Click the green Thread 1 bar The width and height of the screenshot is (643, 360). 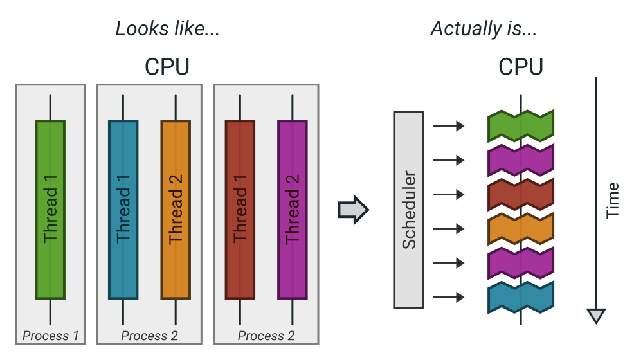(x=50, y=210)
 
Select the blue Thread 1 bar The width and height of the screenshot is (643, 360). (x=123, y=210)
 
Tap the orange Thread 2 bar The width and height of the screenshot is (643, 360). (x=176, y=210)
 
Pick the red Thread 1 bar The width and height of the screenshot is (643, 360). (x=240, y=210)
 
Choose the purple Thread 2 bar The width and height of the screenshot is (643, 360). (x=292, y=210)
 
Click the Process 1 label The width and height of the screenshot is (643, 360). (x=50, y=336)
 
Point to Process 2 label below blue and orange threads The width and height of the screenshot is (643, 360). (x=149, y=336)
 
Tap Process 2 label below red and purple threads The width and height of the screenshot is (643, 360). (x=266, y=336)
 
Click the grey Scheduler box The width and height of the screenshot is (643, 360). (x=408, y=210)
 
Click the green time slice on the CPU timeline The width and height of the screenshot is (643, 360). (x=521, y=126)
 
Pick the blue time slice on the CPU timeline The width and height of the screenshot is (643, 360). (x=521, y=297)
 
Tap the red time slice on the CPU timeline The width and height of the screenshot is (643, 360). (x=521, y=194)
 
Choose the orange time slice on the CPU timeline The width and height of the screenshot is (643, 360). (x=521, y=228)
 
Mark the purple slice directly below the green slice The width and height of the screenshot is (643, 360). (x=521, y=160)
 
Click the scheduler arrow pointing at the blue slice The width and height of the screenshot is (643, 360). (x=448, y=297)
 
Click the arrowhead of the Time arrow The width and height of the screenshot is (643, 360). (x=596, y=316)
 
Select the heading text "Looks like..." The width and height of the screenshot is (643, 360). (x=167, y=29)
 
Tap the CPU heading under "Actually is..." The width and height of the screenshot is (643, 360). (x=521, y=67)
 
